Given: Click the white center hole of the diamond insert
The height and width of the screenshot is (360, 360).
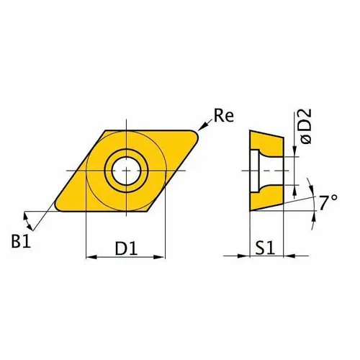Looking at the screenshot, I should coord(125,170).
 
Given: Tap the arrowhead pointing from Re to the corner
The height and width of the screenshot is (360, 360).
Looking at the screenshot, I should coord(204,127).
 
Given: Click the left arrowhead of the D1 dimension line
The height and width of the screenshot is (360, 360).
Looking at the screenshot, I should coord(91,256).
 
